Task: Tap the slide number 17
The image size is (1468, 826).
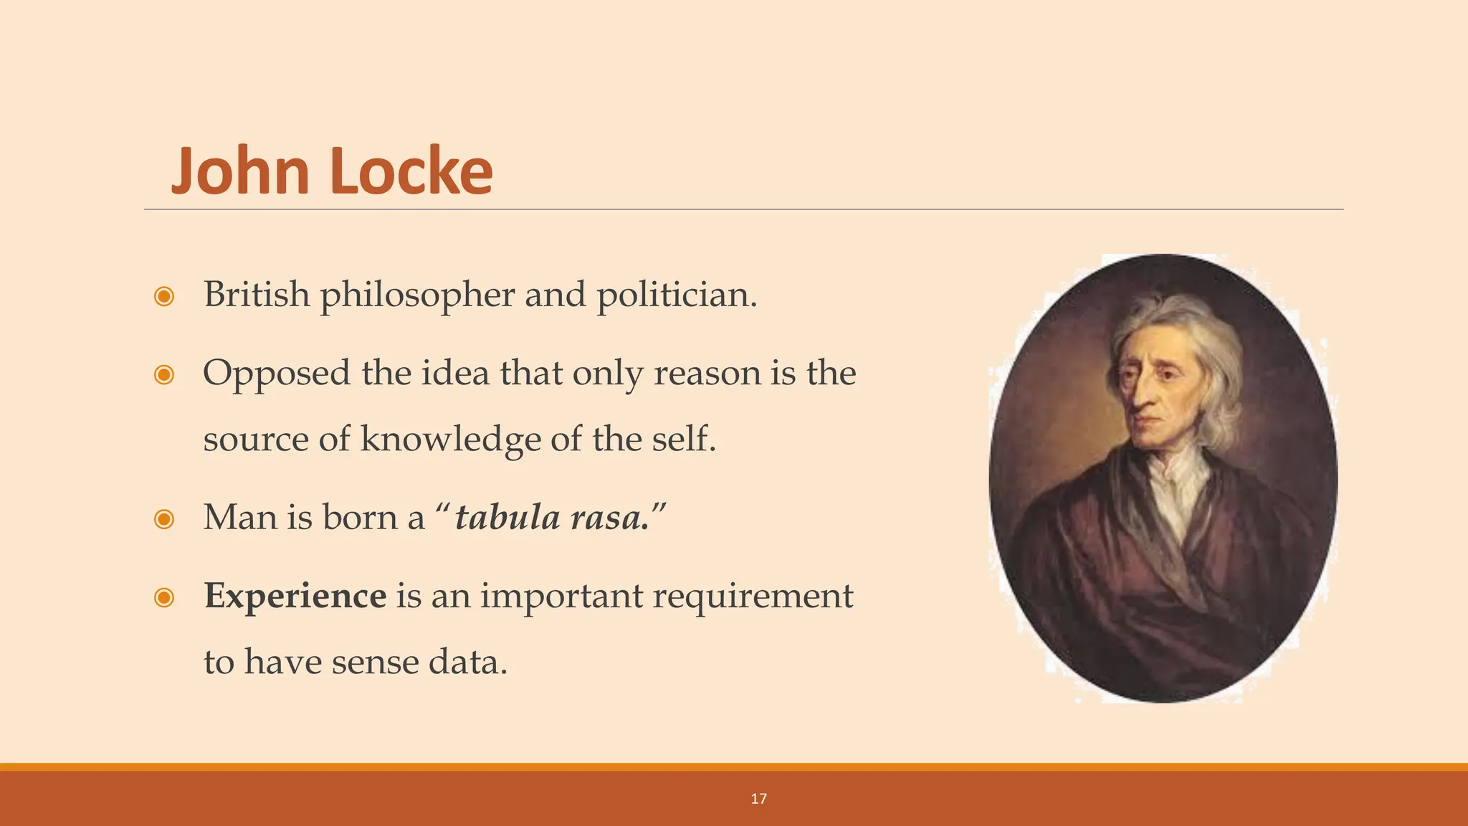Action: pyautogui.click(x=758, y=799)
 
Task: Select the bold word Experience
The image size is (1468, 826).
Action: pyautogui.click(x=295, y=596)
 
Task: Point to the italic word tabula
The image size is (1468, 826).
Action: pyautogui.click(x=507, y=517)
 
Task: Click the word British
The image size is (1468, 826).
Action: pyautogui.click(x=257, y=294)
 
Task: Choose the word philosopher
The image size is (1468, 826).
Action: pyautogui.click(x=417, y=295)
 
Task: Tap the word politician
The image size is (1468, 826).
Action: pyautogui.click(x=676, y=295)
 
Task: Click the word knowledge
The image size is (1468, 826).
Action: pyautogui.click(x=450, y=440)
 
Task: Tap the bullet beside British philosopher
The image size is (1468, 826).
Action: pyautogui.click(x=164, y=296)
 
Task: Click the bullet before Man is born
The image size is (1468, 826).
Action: pyautogui.click(x=164, y=518)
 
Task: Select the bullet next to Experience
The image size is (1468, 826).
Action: pyautogui.click(x=164, y=597)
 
